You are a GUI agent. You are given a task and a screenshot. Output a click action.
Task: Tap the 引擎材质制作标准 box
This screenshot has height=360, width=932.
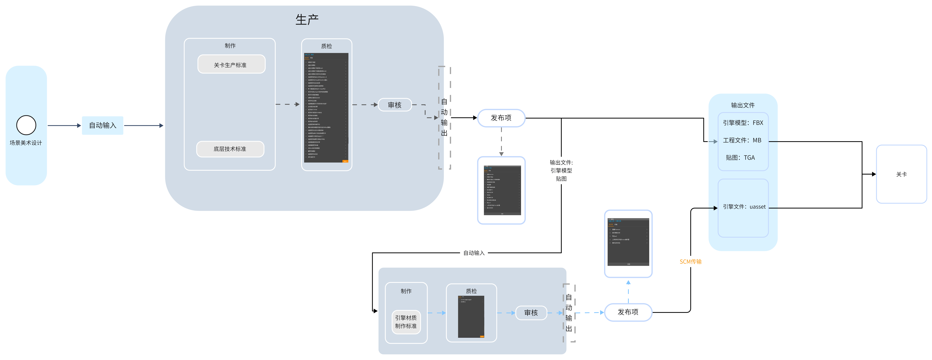[406, 322]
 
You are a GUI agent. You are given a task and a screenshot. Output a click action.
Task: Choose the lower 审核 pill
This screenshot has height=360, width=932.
[531, 313]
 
